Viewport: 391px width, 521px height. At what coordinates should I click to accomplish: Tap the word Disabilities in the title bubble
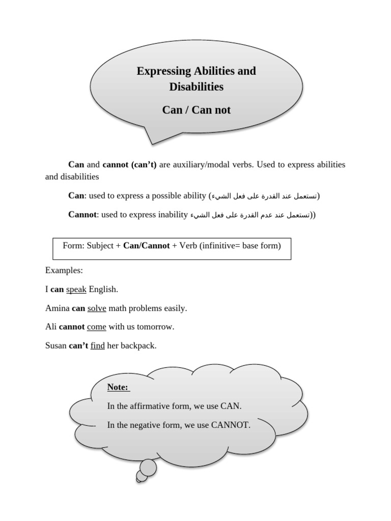click(196, 86)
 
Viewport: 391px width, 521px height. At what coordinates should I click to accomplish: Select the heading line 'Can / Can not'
click(196, 110)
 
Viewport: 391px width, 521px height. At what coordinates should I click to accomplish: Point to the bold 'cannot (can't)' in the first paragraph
click(130, 165)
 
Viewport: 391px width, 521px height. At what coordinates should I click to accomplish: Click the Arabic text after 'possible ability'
click(265, 196)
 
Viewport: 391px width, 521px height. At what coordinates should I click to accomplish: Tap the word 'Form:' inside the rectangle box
click(74, 246)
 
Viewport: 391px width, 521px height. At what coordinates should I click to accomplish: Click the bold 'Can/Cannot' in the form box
click(146, 246)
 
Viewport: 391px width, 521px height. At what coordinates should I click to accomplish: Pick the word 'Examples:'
click(64, 270)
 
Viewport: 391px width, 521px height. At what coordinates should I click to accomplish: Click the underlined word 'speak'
click(76, 289)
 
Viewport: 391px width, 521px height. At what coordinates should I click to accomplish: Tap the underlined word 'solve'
click(97, 308)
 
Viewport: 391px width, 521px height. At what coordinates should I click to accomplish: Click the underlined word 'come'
click(96, 327)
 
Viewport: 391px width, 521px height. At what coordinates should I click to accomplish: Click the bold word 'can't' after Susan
click(78, 345)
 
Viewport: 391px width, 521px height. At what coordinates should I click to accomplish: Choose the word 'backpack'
click(137, 345)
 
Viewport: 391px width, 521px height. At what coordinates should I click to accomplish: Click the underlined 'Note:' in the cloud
click(118, 388)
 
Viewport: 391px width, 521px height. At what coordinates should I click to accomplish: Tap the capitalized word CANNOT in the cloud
click(230, 425)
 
